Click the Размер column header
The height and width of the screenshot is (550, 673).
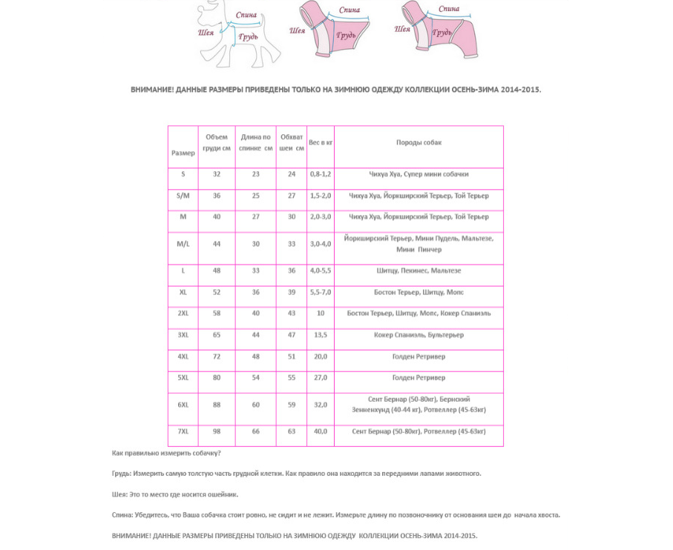coord(183,153)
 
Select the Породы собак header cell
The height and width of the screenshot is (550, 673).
coord(418,142)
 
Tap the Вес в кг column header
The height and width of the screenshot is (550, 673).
coord(321,142)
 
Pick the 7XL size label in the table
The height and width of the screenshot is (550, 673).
coord(183,431)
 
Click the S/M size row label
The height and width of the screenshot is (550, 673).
coord(183,196)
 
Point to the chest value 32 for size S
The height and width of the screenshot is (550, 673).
coord(217,174)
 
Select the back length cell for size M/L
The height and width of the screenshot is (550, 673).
coord(256,244)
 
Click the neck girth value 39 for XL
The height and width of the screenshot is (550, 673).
coord(292,292)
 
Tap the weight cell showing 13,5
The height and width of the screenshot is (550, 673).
coord(321,335)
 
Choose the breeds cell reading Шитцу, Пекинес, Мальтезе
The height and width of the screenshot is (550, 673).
coord(418,271)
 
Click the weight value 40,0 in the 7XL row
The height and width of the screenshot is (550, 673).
coord(321,431)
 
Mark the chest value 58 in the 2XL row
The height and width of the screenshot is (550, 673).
coord(217,314)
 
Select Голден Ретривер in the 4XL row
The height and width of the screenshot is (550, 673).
coord(418,357)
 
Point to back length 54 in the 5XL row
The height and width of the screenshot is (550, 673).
coord(256,378)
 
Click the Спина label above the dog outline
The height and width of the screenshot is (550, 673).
coord(246,15)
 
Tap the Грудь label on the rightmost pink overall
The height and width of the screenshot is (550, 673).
coord(442,33)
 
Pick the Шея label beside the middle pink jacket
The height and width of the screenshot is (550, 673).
coord(298,31)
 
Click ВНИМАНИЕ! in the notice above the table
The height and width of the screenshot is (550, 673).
coord(152,90)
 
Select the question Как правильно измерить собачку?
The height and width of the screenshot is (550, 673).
coord(166,453)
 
